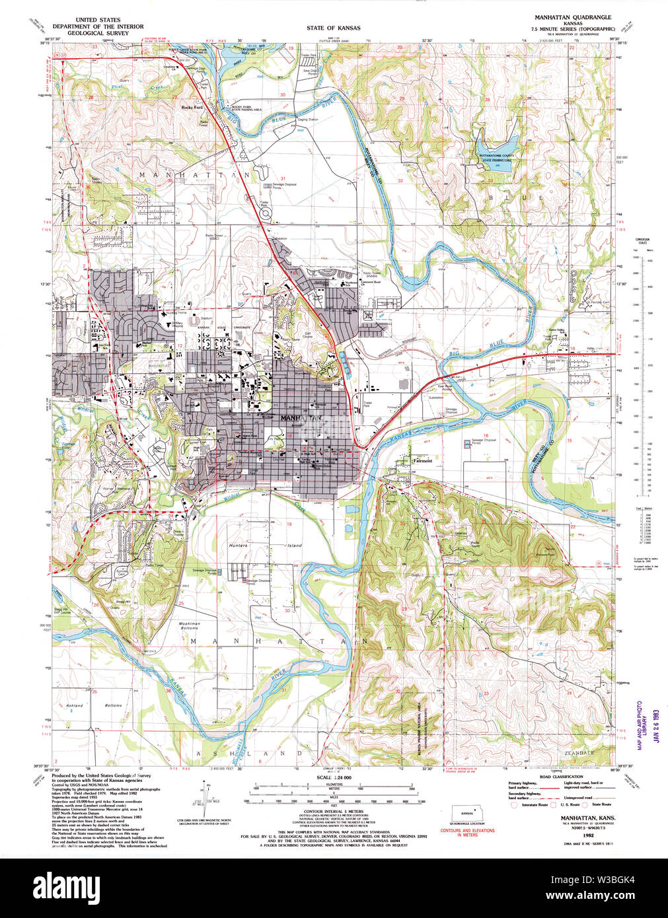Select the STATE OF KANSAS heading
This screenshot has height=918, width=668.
(333, 28)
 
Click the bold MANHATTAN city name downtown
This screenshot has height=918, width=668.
(301, 418)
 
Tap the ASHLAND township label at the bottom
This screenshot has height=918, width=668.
(243, 753)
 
